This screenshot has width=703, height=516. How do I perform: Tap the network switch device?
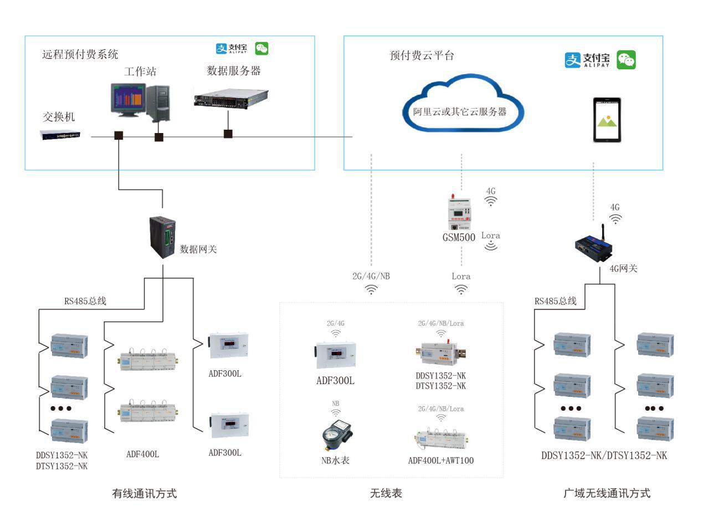[60, 135]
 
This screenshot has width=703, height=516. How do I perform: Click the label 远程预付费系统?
[80, 55]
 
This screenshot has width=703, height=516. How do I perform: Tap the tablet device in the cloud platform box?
[607, 120]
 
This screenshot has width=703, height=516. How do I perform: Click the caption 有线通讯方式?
[145, 493]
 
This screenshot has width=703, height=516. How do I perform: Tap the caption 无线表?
[386, 493]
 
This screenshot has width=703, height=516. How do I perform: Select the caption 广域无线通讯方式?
[606, 493]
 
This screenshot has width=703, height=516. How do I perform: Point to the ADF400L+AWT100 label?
[440, 461]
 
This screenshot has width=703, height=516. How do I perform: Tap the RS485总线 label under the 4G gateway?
[555, 302]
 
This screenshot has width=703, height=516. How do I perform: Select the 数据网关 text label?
[198, 249]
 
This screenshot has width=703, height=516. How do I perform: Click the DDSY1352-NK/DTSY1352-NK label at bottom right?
[604, 456]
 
